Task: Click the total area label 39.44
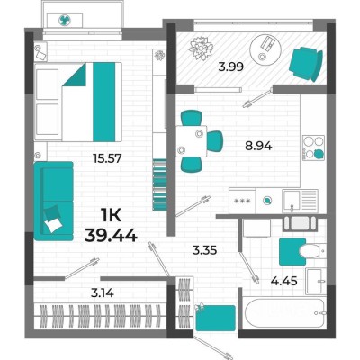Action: [x=112, y=235]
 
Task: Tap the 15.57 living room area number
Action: [x=108, y=158]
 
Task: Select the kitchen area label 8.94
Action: [x=258, y=146]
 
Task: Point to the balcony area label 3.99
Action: [x=230, y=67]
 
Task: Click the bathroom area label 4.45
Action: [x=284, y=281]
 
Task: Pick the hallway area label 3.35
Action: [x=204, y=250]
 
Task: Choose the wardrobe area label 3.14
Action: [x=103, y=292]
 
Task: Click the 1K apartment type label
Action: [x=111, y=215]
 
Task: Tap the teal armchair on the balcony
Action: [x=306, y=64]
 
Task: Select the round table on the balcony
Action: [x=265, y=49]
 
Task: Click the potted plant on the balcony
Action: [x=202, y=48]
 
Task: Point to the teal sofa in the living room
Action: [x=54, y=201]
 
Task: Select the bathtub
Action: [x=284, y=313]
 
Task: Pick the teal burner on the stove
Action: [x=319, y=154]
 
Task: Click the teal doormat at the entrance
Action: [x=215, y=318]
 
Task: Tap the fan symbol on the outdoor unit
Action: [x=65, y=21]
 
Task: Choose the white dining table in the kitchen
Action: [x=192, y=141]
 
